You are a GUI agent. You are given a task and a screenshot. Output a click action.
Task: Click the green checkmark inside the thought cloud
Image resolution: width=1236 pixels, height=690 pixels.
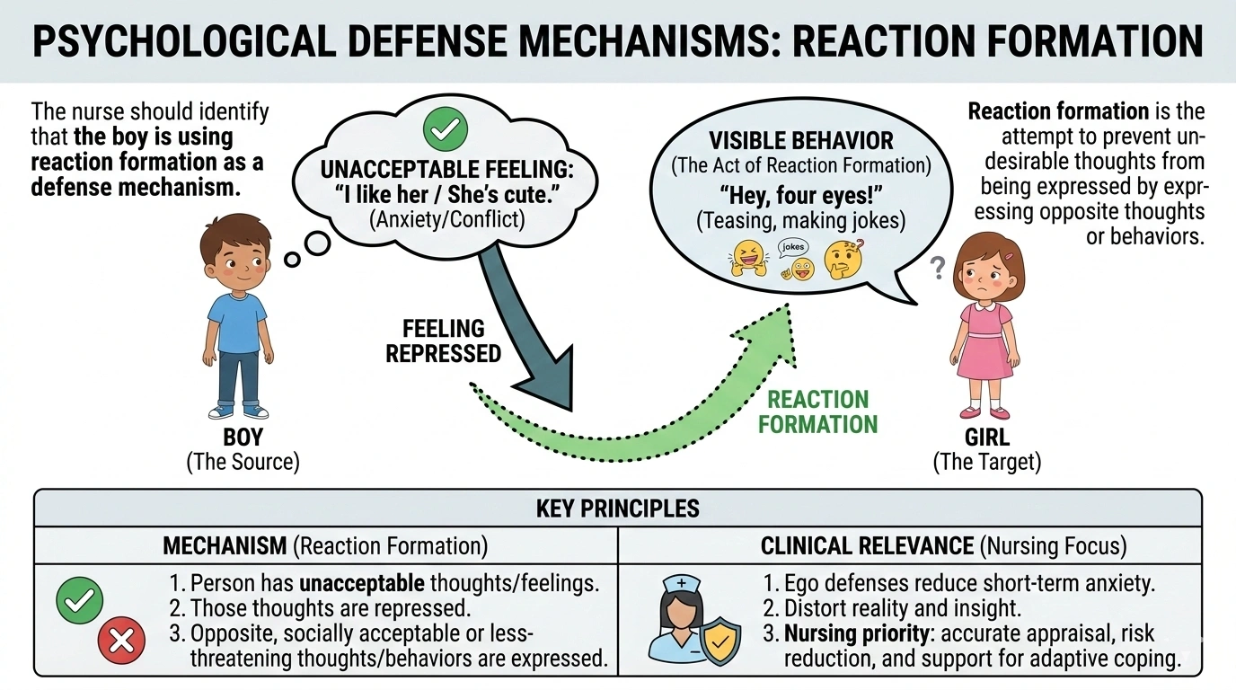pos(445,130)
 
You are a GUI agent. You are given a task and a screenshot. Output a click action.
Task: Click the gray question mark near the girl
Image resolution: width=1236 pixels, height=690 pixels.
pos(939,265)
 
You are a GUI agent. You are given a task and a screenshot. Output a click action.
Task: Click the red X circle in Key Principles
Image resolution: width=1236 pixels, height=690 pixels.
pos(121,640)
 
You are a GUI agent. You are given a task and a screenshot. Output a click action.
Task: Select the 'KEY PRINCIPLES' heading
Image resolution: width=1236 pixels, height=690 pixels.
pos(617,508)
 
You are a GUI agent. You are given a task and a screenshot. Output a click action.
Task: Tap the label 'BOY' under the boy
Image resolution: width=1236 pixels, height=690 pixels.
pos(242,438)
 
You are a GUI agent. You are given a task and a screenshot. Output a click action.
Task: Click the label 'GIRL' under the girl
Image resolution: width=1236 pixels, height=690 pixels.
pos(985,438)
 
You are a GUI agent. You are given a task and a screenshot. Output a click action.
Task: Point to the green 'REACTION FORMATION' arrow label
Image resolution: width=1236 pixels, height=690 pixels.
pos(817,411)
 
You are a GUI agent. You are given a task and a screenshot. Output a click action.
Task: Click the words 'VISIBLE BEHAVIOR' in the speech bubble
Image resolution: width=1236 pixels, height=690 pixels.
pos(800,141)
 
